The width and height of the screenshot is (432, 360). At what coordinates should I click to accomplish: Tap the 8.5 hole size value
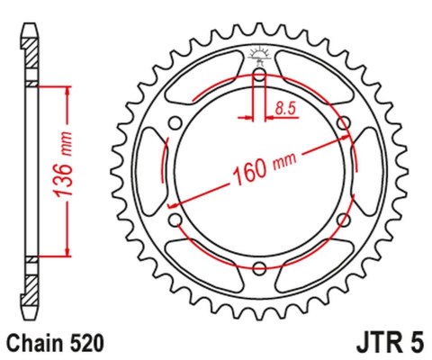click(286, 110)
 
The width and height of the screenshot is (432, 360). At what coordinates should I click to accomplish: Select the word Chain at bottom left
click(32, 343)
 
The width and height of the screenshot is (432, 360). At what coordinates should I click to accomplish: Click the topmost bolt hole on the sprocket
click(259, 76)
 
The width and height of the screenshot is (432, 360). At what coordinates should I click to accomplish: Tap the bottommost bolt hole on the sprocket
click(259, 267)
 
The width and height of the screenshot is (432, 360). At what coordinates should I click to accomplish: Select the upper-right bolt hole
click(343, 123)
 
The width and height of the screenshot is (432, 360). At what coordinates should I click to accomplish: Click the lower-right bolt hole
click(343, 220)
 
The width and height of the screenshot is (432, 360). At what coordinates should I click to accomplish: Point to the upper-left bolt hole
click(175, 123)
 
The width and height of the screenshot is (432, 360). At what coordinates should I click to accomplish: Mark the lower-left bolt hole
click(175, 220)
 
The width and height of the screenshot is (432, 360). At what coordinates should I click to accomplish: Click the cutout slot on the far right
click(369, 171)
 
